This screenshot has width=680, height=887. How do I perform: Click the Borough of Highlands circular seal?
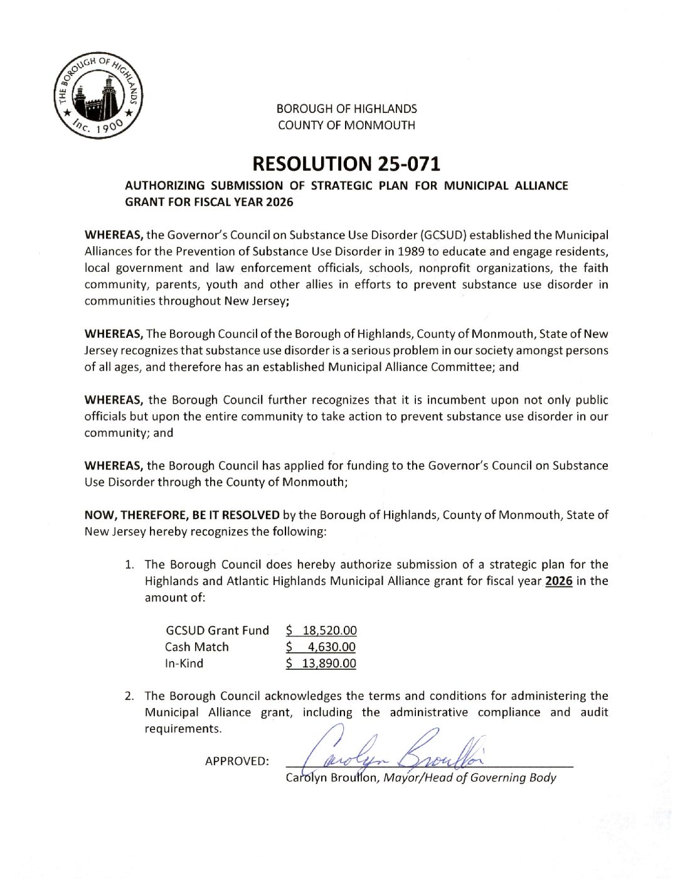pyautogui.click(x=98, y=95)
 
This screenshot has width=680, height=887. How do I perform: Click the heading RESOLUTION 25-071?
pyautogui.click(x=346, y=164)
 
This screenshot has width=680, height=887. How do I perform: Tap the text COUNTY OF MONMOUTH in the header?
pyautogui.click(x=346, y=125)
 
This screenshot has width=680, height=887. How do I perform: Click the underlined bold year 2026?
pyautogui.click(x=559, y=581)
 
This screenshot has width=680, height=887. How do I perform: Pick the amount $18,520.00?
pyautogui.click(x=321, y=630)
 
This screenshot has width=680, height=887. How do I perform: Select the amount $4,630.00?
pyautogui.click(x=321, y=647)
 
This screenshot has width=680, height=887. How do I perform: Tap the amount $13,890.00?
pyautogui.click(x=321, y=663)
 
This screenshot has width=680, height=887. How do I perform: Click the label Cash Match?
pyautogui.click(x=196, y=647)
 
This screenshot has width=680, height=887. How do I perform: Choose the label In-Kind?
pyautogui.click(x=184, y=663)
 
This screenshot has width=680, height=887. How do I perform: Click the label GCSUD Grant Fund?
pyautogui.click(x=217, y=630)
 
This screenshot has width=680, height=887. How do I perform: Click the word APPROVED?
pyautogui.click(x=236, y=761)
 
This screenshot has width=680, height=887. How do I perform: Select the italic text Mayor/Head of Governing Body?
pyautogui.click(x=470, y=778)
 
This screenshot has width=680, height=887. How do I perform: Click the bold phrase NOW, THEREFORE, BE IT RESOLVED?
pyautogui.click(x=182, y=515)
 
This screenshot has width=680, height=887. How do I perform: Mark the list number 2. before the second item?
pyautogui.click(x=129, y=696)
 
